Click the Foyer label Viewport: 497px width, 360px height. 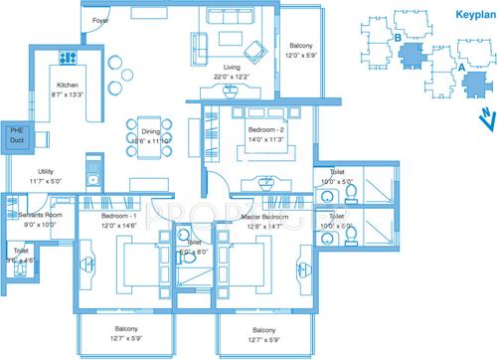click(x=100, y=21)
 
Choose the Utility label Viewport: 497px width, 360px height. click(x=45, y=172)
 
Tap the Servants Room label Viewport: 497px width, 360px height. click(x=42, y=215)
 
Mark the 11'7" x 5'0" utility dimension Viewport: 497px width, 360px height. click(x=45, y=182)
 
